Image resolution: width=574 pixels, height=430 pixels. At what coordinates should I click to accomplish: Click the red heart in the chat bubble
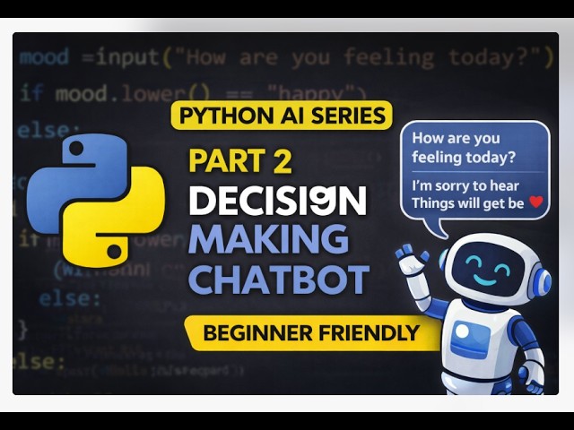click(536, 202)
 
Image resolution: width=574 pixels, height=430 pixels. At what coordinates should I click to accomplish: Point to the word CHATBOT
click(278, 279)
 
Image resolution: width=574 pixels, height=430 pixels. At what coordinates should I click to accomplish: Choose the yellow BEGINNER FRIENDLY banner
click(311, 333)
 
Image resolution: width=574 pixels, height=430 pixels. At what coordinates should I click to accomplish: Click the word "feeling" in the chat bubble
click(440, 157)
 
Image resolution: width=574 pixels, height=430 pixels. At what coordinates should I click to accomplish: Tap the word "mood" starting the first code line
click(44, 57)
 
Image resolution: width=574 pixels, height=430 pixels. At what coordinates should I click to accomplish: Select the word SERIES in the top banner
click(352, 116)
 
